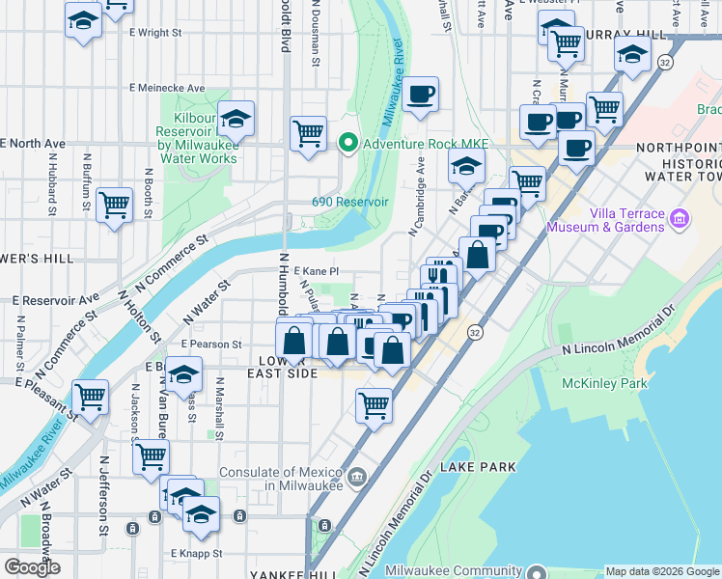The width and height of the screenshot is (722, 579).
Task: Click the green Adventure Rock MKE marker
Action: point(347,145)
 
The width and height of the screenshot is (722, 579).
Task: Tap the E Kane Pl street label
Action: point(317,272)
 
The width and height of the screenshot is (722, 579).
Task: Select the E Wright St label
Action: point(155,32)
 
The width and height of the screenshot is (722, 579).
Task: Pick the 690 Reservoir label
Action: point(349,202)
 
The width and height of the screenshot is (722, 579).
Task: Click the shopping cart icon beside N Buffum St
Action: point(114,204)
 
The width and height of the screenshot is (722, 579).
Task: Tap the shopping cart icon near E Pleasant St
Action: point(90,396)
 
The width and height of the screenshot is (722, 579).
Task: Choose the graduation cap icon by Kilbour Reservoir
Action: point(236,119)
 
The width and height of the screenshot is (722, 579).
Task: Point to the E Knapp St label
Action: point(197,554)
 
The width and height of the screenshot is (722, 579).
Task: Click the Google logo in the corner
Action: point(32,566)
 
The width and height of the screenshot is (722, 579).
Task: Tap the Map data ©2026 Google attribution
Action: point(662,571)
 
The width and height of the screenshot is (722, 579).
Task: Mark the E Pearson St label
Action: point(209,344)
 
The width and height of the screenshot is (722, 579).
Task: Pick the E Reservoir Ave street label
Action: point(56,299)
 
